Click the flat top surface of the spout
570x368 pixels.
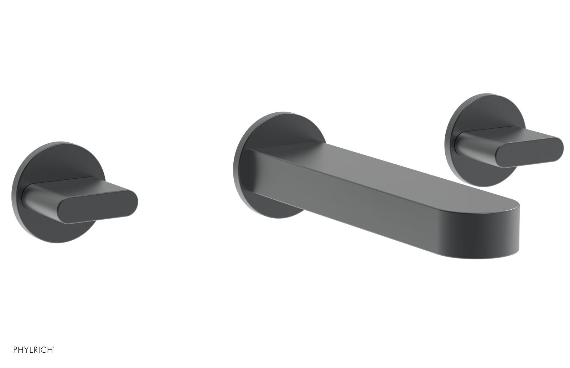click(x=374, y=168)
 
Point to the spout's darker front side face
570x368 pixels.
click(x=356, y=210)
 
